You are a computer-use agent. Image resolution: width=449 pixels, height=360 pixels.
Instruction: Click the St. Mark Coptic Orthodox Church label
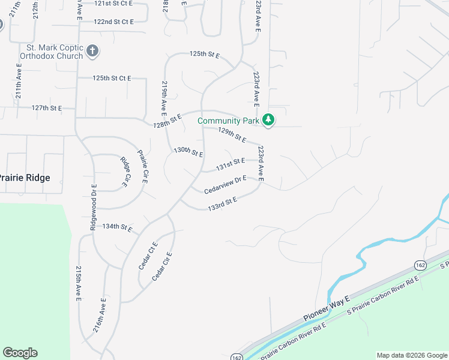[x=50, y=52]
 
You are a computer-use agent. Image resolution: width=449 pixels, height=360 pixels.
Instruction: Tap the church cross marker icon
[x=92, y=51]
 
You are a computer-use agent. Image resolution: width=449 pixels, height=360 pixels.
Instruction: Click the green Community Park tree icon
[x=268, y=121]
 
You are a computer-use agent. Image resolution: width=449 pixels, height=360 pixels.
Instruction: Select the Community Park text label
[x=229, y=121]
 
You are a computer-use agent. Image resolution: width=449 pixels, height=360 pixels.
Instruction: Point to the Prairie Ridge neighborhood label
[x=24, y=178]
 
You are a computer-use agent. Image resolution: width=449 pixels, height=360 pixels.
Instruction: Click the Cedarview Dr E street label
[x=226, y=184]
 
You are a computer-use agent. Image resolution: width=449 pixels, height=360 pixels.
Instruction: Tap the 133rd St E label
[x=223, y=203]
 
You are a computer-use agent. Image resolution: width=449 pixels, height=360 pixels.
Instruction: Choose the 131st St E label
[x=231, y=163]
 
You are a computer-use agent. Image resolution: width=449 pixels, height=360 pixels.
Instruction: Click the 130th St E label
[x=188, y=152]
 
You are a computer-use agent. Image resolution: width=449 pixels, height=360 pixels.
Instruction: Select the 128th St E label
[x=167, y=122]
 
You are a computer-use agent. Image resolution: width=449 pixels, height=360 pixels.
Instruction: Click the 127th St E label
[x=47, y=108]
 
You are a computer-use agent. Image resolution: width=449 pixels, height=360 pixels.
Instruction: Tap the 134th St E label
[x=116, y=227]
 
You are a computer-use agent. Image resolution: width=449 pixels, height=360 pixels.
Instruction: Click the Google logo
[x=20, y=353]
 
